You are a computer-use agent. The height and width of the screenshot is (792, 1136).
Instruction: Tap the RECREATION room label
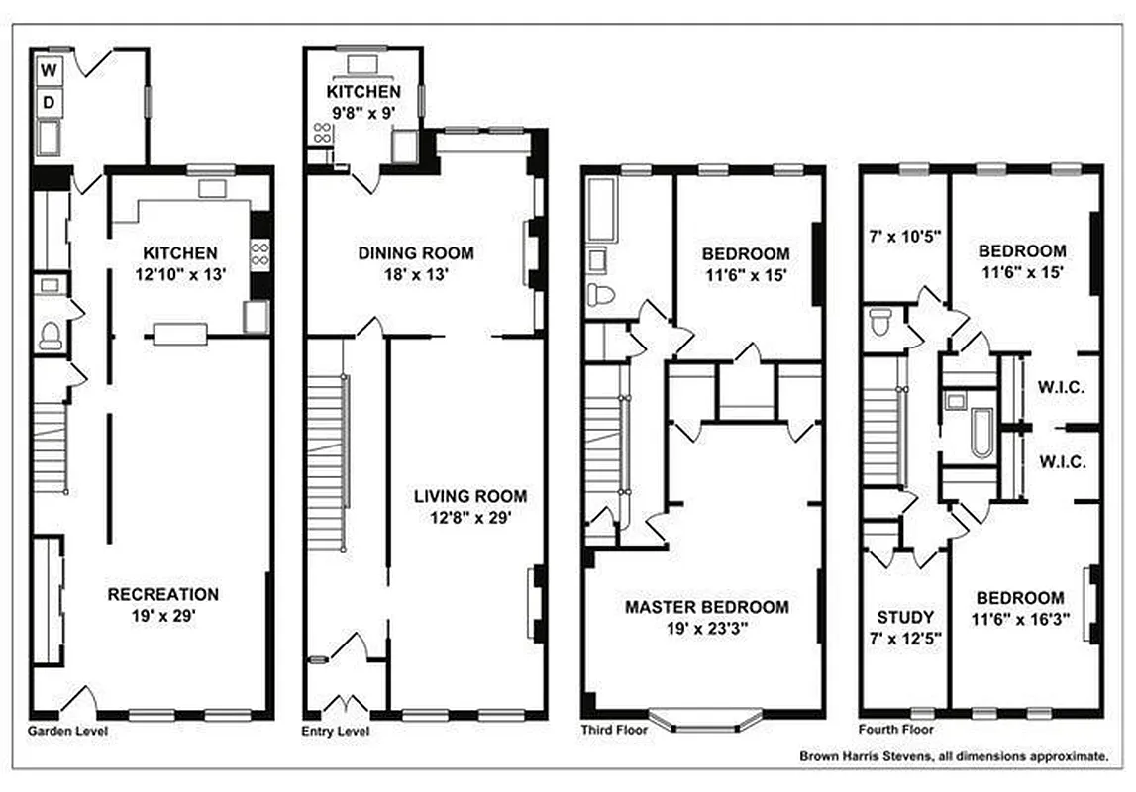[163, 594]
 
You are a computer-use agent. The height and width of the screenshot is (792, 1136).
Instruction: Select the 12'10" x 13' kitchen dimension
[179, 274]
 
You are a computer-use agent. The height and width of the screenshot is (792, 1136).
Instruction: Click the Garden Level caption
[67, 731]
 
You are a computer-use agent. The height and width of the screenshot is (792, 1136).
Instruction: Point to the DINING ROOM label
[416, 253]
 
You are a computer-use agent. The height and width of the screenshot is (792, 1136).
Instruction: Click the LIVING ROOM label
[470, 496]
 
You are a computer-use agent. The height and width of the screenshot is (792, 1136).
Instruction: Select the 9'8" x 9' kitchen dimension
[363, 113]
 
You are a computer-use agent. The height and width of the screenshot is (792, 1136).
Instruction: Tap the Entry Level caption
[336, 731]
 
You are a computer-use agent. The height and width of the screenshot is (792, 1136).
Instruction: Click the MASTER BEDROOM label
[707, 606]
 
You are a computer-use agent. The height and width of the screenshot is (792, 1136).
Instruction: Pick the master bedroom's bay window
[705, 718]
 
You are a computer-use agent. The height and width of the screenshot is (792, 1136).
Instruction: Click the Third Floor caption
[615, 731]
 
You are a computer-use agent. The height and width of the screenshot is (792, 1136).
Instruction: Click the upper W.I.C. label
[1063, 387]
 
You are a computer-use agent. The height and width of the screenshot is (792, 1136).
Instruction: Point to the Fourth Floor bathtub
[981, 433]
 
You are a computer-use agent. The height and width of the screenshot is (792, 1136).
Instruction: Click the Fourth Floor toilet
[879, 323]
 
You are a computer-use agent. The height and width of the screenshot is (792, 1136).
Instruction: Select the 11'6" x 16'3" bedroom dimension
[1020, 620]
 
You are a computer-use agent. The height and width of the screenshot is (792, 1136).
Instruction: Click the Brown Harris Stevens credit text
[954, 756]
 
